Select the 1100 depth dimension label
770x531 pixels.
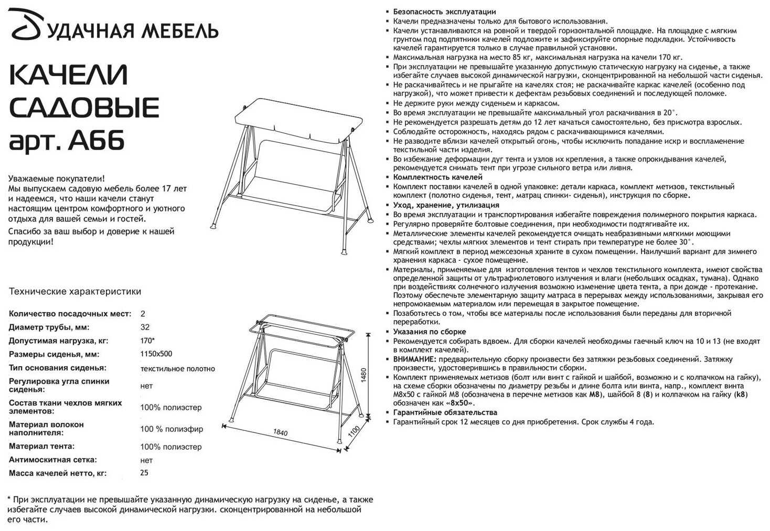point(353,433)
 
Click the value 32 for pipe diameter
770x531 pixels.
point(145,327)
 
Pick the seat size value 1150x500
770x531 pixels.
point(156,354)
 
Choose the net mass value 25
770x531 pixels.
point(144,473)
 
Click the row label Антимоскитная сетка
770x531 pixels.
point(53,460)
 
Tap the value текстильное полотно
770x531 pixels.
point(177,368)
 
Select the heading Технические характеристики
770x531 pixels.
point(75,292)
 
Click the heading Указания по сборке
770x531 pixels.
point(430,332)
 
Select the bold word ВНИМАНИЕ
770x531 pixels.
point(414,359)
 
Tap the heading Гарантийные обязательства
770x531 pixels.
point(445,412)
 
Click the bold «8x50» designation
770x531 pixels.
point(459,403)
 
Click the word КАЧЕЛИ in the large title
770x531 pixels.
point(69,75)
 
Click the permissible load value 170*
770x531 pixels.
point(147,341)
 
